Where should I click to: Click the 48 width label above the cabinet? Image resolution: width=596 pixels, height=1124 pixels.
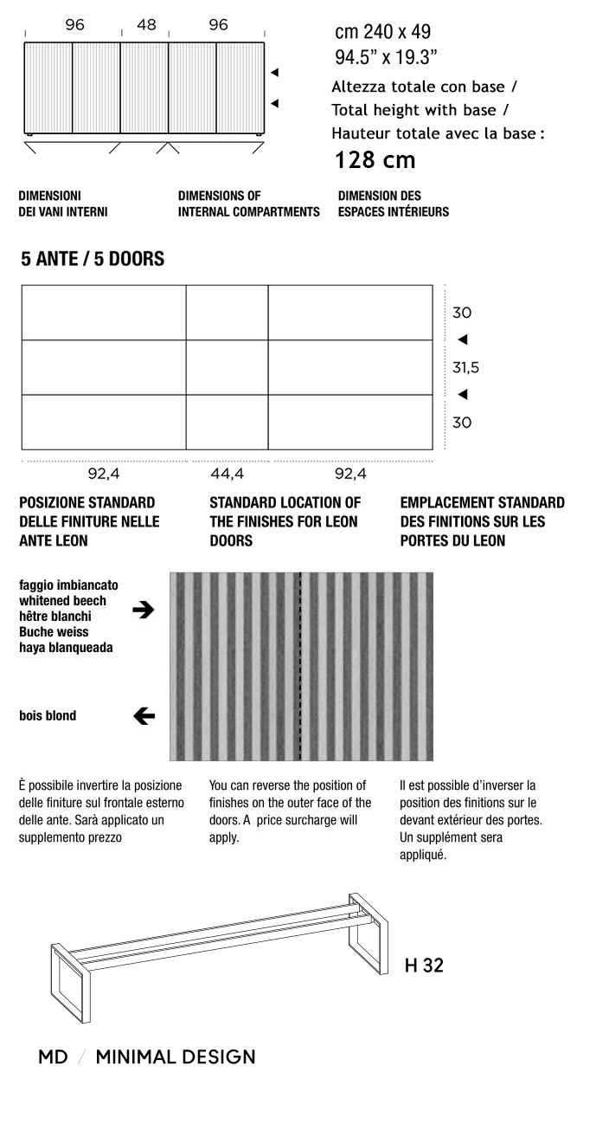[146, 25]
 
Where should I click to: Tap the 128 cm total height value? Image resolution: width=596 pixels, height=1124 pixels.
[375, 160]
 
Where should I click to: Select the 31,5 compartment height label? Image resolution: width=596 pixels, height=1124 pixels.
[465, 368]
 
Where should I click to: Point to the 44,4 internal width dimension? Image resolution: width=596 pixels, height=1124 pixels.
[228, 474]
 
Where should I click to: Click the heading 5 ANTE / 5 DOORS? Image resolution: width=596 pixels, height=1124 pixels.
[93, 259]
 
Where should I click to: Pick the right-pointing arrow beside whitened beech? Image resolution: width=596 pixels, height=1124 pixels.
[144, 610]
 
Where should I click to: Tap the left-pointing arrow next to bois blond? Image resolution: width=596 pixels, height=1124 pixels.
[144, 716]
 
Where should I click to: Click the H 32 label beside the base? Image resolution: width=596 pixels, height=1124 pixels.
[424, 966]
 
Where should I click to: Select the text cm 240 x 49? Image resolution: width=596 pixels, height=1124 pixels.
[382, 33]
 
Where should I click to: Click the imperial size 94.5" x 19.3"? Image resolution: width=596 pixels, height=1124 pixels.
[386, 58]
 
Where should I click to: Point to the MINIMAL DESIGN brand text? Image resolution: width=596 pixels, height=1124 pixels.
[176, 1057]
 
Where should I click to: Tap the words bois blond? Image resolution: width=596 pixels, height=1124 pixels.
[48, 716]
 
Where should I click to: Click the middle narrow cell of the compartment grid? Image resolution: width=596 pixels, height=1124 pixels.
[227, 367]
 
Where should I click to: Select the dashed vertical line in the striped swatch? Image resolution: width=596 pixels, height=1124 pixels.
[300, 666]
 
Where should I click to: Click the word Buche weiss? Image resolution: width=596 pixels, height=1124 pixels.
[54, 632]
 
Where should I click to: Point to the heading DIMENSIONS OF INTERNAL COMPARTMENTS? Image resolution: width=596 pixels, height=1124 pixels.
[248, 203]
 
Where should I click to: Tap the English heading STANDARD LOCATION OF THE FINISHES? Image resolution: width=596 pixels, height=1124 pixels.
[285, 521]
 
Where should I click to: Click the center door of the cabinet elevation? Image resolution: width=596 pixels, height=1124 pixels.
[144, 87]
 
